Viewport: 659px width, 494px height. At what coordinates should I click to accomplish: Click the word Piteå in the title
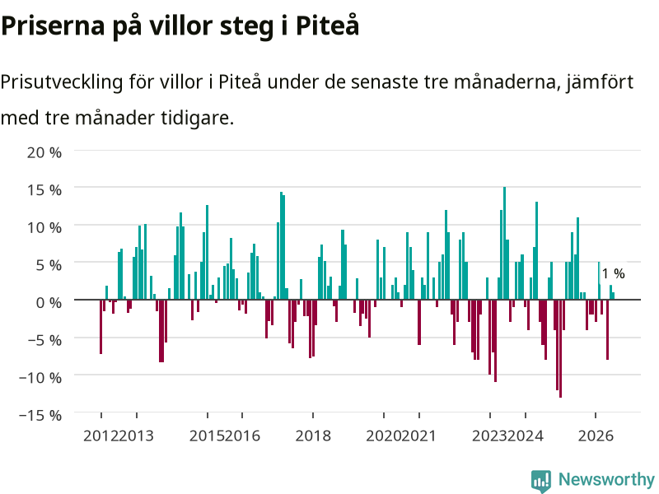[327, 26]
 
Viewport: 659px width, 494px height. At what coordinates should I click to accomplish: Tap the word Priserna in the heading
[53, 26]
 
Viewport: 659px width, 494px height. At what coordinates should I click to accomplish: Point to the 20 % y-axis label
[44, 152]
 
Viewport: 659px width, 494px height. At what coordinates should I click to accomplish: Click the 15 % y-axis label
[44, 190]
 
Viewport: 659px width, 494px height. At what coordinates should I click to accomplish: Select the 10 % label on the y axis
[44, 228]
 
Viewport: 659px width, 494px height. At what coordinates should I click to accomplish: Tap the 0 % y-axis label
[49, 302]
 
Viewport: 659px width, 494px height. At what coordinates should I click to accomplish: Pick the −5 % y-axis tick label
[44, 340]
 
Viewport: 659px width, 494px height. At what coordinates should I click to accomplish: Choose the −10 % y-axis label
[40, 377]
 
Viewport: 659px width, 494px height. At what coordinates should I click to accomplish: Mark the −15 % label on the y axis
[40, 415]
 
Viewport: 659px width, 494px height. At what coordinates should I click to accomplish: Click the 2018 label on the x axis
[313, 436]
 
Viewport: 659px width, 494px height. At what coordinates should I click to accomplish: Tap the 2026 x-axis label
[596, 436]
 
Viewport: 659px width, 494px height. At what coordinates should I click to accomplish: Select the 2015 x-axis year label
[207, 436]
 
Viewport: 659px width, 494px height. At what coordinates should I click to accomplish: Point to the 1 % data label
[613, 274]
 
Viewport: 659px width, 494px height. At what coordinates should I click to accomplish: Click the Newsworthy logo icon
[541, 481]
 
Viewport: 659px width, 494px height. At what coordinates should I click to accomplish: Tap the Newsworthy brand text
[606, 479]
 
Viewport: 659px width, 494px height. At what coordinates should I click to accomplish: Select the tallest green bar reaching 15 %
[504, 243]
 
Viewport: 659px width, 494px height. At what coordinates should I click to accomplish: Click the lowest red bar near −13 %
[560, 348]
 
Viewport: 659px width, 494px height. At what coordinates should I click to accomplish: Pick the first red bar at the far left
[100, 326]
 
